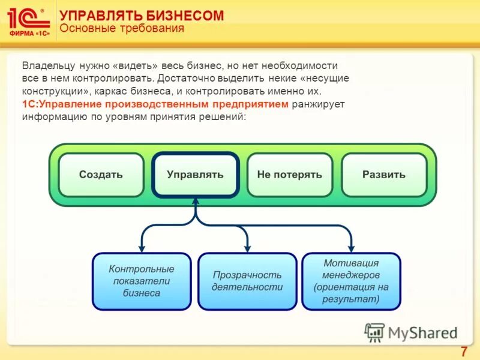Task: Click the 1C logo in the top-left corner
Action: tap(28, 22)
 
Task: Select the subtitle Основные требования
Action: tap(122, 29)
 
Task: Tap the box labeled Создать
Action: tap(101, 175)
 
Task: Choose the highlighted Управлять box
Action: tap(195, 175)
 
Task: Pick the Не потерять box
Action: tap(289, 175)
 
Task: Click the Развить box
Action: tap(383, 175)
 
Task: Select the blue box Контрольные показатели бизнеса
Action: tap(142, 281)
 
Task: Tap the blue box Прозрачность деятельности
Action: tap(247, 281)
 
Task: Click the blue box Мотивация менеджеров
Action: tap(351, 281)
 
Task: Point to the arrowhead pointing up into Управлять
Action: tap(196, 203)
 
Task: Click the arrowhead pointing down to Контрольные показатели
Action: tap(142, 247)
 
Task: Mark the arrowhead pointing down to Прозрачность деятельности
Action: tap(247, 247)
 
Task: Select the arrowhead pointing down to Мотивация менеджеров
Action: tap(351, 247)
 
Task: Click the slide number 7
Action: tap(463, 352)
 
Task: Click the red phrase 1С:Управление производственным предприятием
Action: tap(156, 104)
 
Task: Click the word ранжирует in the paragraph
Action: tap(319, 104)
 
